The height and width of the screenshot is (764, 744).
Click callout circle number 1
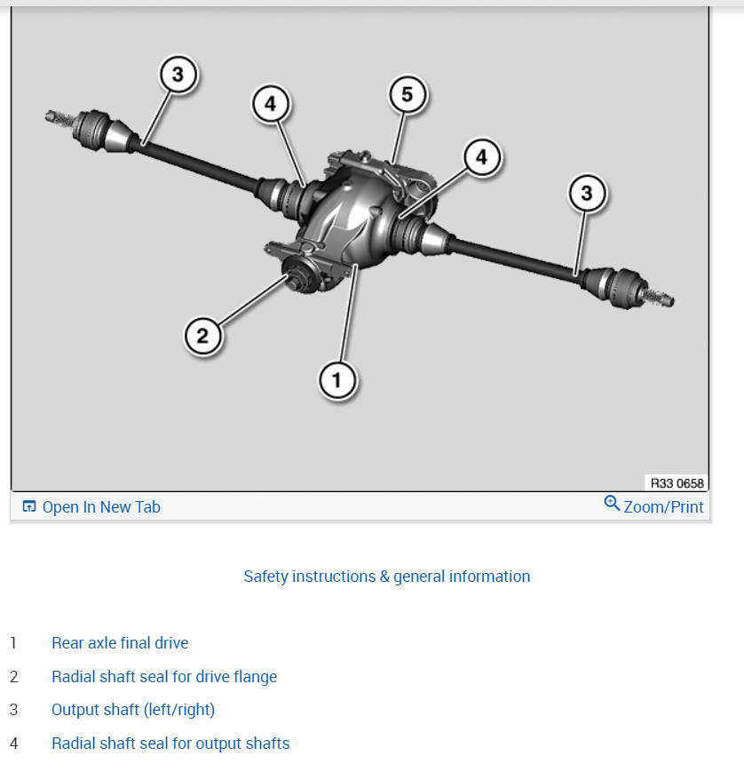(x=336, y=381)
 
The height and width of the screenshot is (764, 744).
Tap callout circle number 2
(x=202, y=335)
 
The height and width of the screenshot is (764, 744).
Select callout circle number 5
(x=408, y=95)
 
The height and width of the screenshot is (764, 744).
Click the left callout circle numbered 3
(x=178, y=76)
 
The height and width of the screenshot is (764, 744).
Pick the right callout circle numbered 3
(x=586, y=192)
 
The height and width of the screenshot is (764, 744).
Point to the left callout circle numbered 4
(x=270, y=105)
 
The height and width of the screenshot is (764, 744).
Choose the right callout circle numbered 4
(x=481, y=157)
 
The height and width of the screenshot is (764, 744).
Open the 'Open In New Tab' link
(x=101, y=507)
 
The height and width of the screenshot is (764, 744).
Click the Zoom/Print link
(x=663, y=507)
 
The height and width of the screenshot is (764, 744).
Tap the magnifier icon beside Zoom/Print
(x=612, y=504)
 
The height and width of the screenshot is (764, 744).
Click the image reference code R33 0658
(x=677, y=483)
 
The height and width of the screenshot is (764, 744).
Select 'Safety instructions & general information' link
(x=387, y=577)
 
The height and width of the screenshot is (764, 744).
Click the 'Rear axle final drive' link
(x=120, y=643)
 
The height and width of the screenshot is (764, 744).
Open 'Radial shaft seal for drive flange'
(x=164, y=677)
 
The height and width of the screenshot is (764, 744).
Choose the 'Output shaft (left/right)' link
(x=133, y=710)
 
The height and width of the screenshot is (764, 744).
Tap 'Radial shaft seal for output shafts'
(x=170, y=744)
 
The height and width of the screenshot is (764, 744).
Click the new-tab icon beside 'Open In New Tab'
(x=29, y=507)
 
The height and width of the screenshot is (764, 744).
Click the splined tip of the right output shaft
(x=662, y=298)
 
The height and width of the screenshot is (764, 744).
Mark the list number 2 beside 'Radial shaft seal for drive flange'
(x=13, y=677)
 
